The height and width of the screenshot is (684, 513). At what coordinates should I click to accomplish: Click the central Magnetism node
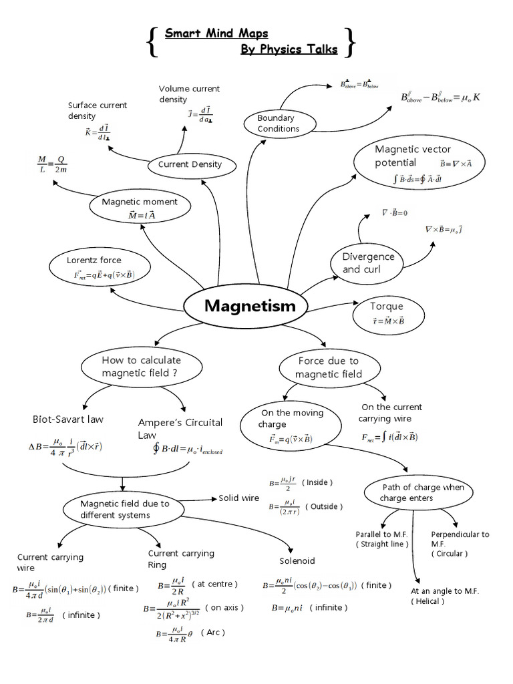249,307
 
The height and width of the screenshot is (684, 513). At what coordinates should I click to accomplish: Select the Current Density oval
190,164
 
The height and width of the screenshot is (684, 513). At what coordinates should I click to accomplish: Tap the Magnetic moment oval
140,208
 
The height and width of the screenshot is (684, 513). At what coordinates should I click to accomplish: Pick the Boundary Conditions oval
279,124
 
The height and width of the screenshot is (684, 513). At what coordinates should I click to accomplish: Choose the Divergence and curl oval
368,263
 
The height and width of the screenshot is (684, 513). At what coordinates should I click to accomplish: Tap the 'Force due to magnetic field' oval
328,367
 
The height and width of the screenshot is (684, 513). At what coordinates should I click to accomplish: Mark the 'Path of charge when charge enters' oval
423,493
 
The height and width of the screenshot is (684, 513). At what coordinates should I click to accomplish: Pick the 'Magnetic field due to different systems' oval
125,509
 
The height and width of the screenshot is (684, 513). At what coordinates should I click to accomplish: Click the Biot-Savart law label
67,419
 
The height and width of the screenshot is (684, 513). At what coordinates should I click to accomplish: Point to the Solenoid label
297,560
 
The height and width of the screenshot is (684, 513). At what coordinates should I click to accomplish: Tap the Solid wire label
238,498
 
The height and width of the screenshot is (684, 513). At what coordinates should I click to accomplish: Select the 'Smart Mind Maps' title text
216,33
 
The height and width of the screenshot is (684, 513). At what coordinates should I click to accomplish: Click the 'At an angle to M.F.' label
445,592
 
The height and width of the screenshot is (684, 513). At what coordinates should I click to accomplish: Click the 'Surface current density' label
98,110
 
